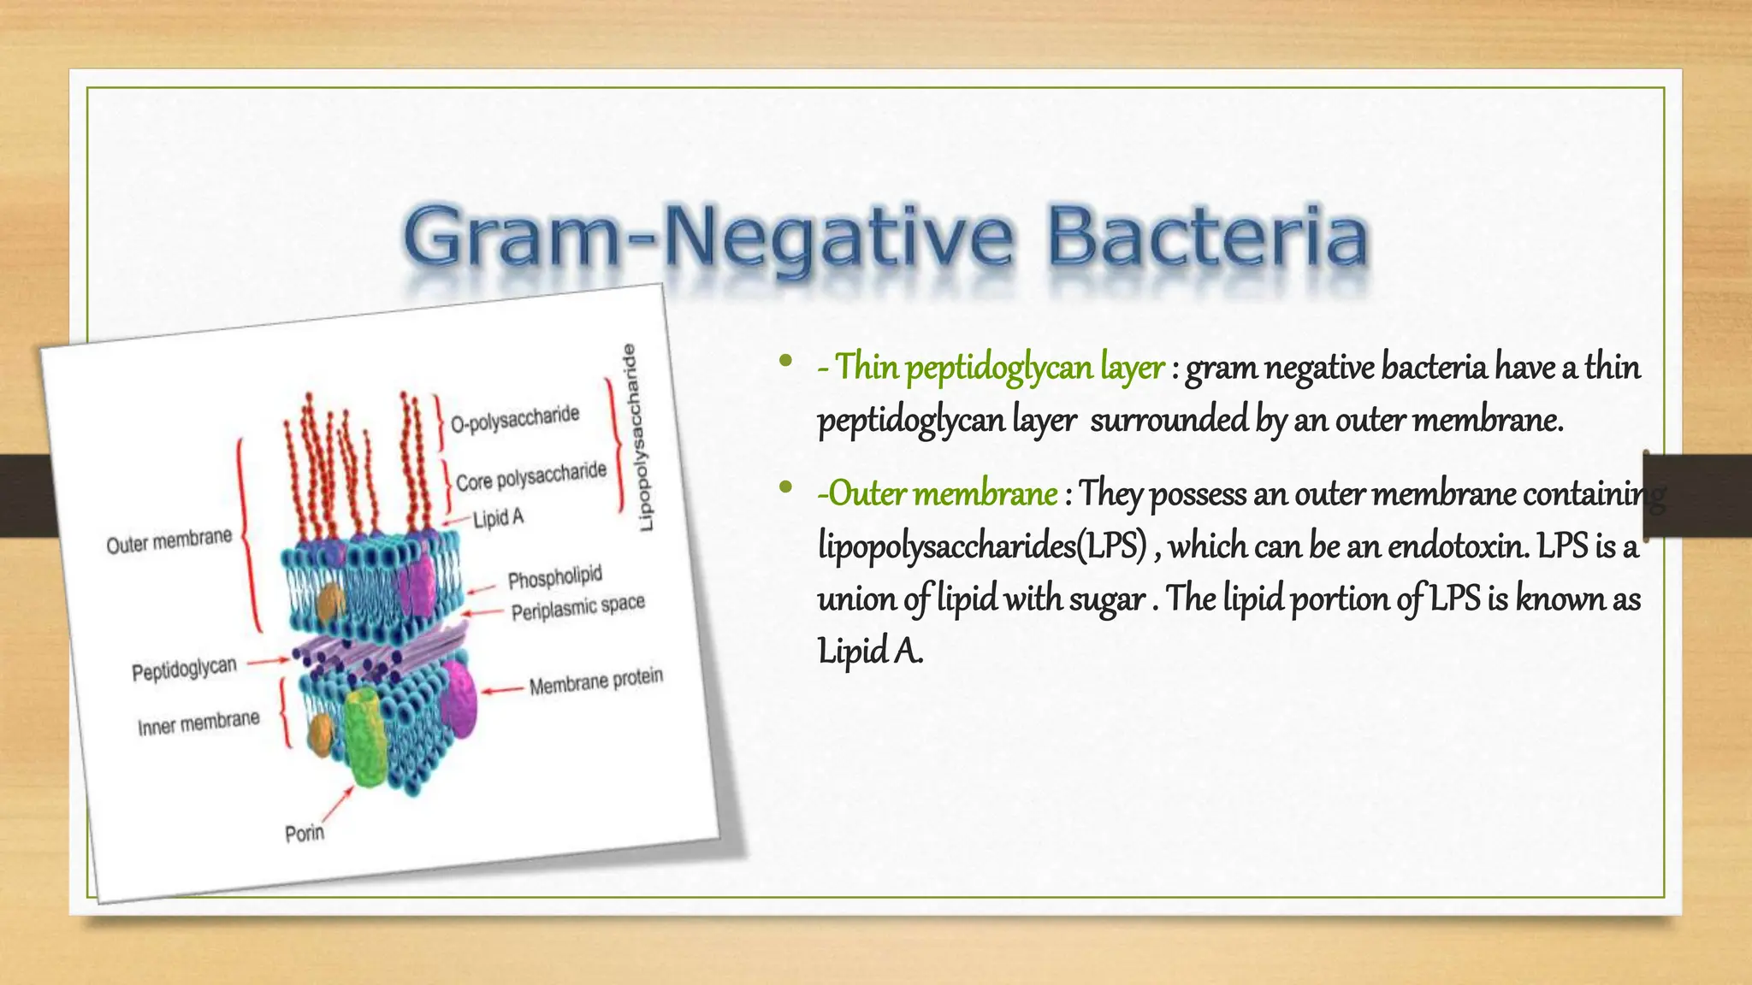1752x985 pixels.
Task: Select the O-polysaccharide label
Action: (515, 419)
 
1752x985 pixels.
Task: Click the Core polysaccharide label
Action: (530, 476)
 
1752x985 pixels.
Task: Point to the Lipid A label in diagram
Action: (498, 518)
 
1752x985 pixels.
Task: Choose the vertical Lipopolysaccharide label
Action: (638, 437)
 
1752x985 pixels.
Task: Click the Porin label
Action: (305, 832)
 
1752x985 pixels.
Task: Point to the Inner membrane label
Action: (198, 723)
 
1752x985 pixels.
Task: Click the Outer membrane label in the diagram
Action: (169, 541)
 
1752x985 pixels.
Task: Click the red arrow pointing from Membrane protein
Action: (502, 689)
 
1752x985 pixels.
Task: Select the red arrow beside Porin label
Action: (339, 804)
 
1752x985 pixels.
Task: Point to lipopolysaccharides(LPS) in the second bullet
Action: (981, 546)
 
